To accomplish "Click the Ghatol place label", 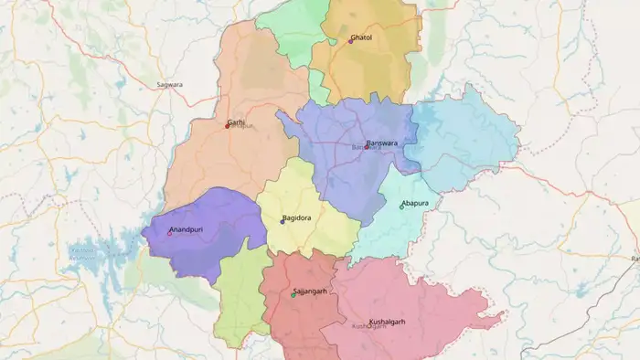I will (x=362, y=37).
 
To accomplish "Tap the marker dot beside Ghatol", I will (x=350, y=41).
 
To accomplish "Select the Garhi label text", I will (x=236, y=122).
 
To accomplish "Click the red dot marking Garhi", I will (x=227, y=126).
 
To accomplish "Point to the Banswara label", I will (x=383, y=143).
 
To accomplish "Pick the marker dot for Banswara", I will (x=366, y=147).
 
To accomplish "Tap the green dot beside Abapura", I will (x=401, y=206).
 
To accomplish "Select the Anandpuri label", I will (x=189, y=229).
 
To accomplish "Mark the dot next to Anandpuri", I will (x=169, y=234).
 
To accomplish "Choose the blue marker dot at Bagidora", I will (x=283, y=221).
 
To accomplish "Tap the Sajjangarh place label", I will (x=310, y=291).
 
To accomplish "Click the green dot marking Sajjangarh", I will (x=293, y=294).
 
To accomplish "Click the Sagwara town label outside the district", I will (x=169, y=84).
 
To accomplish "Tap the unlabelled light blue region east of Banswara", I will (x=466, y=137).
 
